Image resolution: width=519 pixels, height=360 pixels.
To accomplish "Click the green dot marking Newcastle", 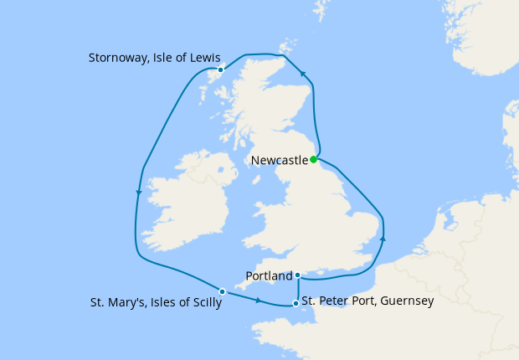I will (x=313, y=159).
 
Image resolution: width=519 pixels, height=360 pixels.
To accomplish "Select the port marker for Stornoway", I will (x=220, y=69).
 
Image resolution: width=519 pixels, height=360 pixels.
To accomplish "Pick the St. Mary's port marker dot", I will (x=222, y=291).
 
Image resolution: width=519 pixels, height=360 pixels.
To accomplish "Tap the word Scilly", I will (x=204, y=303).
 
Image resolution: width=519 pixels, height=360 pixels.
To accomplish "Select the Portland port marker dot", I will (x=298, y=275).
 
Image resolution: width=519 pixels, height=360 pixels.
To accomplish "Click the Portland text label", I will (x=269, y=275).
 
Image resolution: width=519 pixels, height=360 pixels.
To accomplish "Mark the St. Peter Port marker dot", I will (x=295, y=303).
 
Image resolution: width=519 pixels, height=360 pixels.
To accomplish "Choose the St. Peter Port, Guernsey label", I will (x=367, y=300).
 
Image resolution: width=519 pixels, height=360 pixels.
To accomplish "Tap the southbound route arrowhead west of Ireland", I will (x=138, y=193).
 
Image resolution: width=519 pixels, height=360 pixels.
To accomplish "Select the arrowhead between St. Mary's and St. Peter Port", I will (x=258, y=301).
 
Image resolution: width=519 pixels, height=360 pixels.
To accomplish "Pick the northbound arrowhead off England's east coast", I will (x=383, y=239).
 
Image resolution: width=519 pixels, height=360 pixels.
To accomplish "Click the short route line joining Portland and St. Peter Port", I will (x=298, y=290).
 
